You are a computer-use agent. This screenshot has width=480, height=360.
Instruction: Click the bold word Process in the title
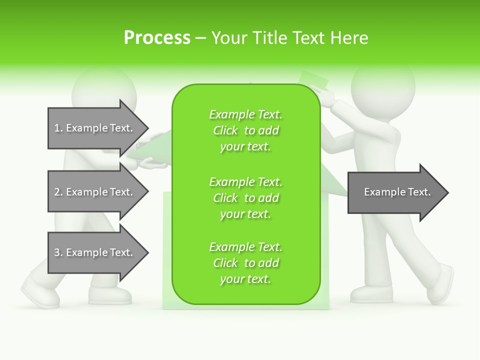pyautogui.click(x=157, y=38)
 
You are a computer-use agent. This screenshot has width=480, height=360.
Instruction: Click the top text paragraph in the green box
pyautogui.click(x=245, y=130)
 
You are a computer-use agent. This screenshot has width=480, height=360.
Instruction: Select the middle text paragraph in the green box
pyautogui.click(x=245, y=198)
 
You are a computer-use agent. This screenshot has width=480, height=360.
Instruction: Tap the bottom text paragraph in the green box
pyautogui.click(x=245, y=263)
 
